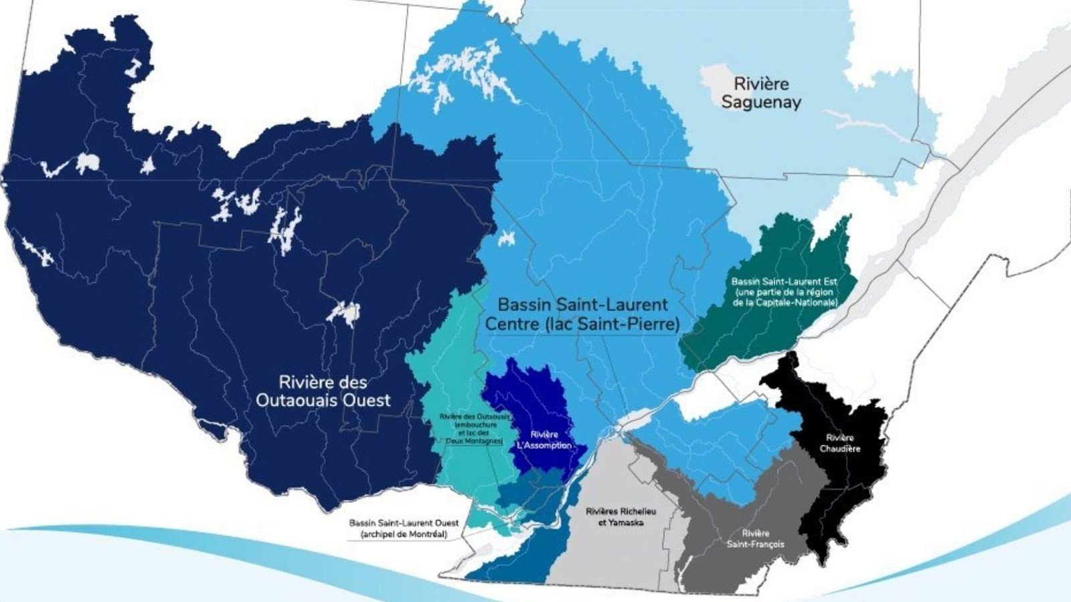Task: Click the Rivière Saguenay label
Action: (761, 93)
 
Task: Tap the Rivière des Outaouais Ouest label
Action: (323, 391)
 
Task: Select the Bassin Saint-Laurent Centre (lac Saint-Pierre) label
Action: (582, 314)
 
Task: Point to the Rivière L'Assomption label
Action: (544, 440)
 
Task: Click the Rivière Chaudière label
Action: (839, 443)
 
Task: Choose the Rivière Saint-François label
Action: (756, 538)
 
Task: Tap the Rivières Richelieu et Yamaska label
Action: (621, 516)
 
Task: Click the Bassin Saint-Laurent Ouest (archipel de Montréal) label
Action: (404, 528)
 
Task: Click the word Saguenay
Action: (761, 102)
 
